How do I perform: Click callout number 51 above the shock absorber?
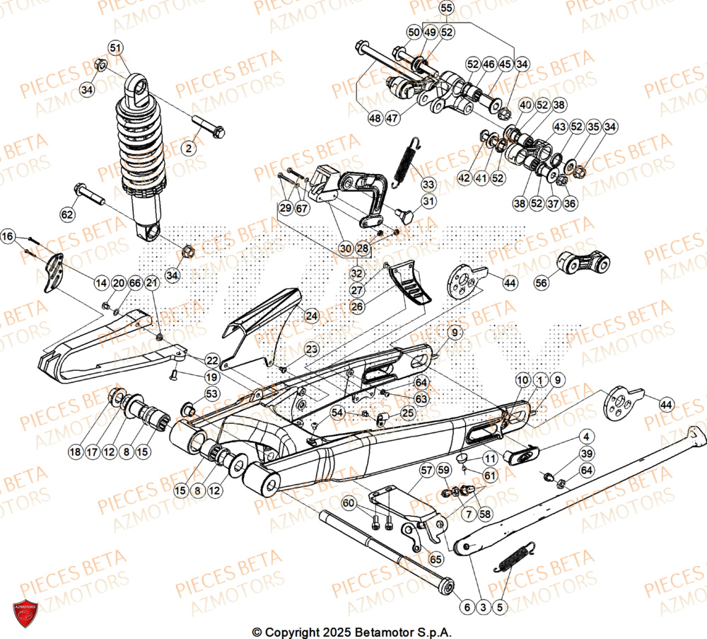[115, 47]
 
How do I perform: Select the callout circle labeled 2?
[188, 148]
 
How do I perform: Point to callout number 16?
[7, 236]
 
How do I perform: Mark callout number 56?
[542, 282]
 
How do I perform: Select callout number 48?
[373, 119]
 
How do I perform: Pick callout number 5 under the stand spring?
[501, 606]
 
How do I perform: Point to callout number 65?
[435, 559]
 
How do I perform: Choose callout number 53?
[211, 393]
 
